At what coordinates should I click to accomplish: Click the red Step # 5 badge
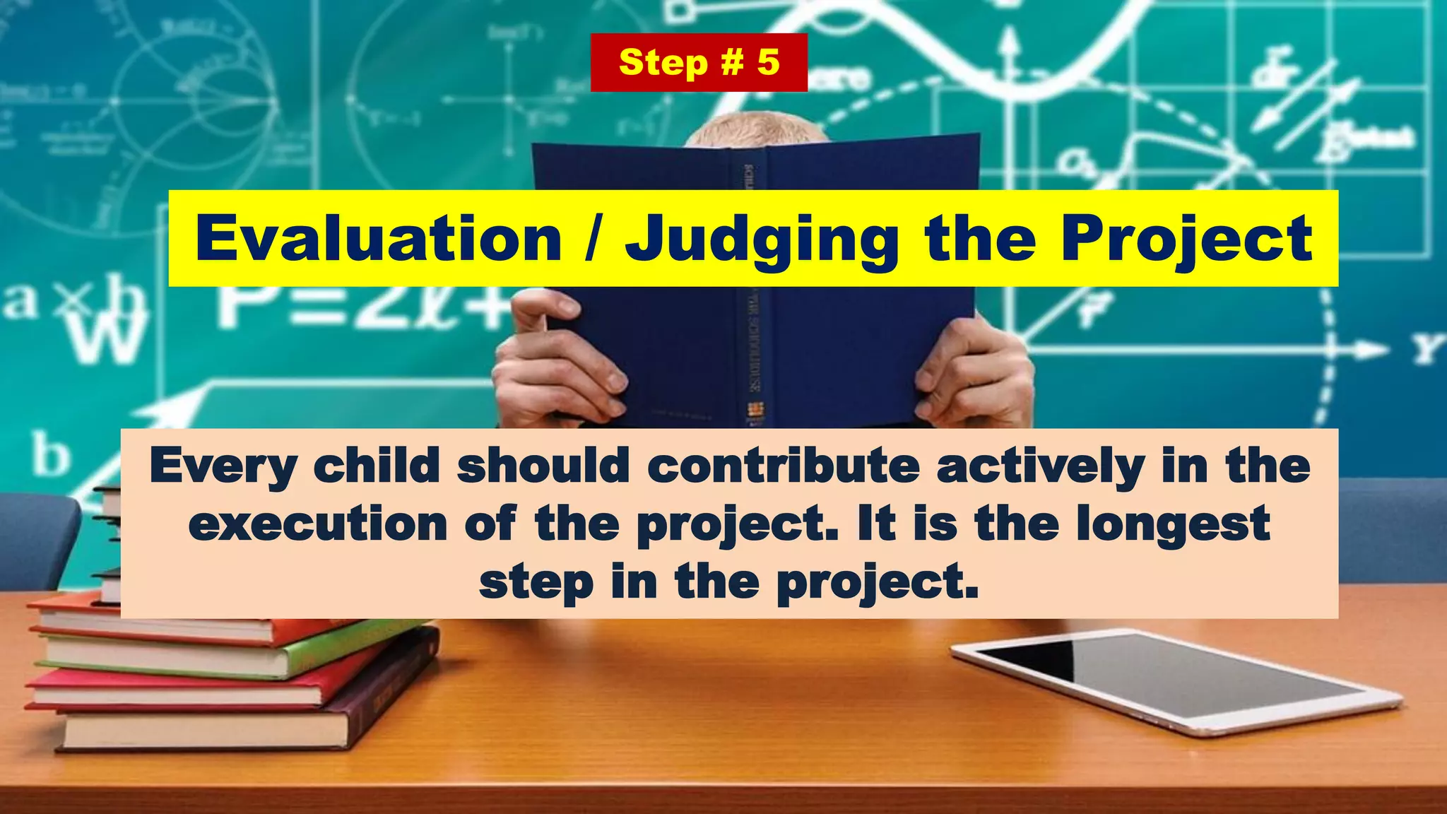pyautogui.click(x=699, y=62)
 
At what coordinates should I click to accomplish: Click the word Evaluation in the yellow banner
pyautogui.click(x=379, y=239)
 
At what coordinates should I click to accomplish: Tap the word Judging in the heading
pyautogui.click(x=762, y=239)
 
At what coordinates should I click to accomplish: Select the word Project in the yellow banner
pyautogui.click(x=1187, y=239)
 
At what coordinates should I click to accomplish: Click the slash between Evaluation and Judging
pyautogui.click(x=594, y=239)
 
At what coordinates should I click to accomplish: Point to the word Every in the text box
pyautogui.click(x=223, y=466)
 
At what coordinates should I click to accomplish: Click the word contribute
pyautogui.click(x=784, y=466)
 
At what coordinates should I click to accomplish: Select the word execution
pyautogui.click(x=318, y=524)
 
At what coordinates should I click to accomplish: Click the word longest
pyautogui.click(x=1173, y=524)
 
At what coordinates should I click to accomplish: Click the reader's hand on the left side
pyautogui.click(x=558, y=367)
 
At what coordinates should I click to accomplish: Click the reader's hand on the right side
pyautogui.click(x=975, y=374)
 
